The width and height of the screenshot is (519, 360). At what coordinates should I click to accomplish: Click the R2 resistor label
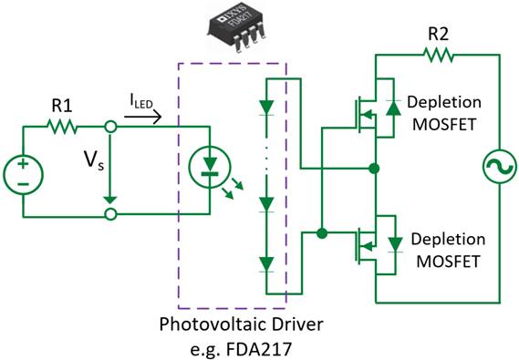441,34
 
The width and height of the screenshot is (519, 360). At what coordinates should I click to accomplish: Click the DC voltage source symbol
23,172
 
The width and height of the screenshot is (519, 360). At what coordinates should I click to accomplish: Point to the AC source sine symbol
501,171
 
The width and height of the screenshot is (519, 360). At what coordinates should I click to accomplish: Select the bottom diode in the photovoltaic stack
266,264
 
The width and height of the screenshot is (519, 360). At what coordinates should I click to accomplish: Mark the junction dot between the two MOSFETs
374,169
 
